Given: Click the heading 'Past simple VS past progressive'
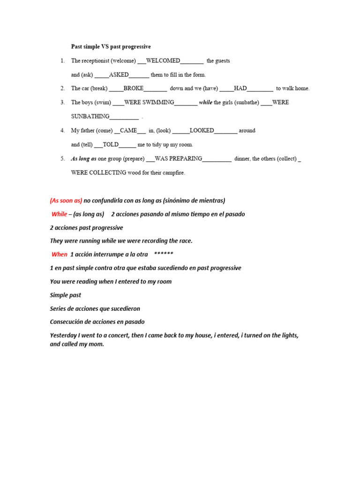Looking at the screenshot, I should pos(111,47).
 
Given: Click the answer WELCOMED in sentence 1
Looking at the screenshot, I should pos(163,61).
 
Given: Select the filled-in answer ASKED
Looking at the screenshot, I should pos(119,75).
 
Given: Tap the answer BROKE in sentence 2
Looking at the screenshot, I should pos(134,88).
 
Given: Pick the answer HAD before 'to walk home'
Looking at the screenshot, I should pos(240,88).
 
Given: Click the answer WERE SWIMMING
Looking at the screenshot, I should pos(149,102).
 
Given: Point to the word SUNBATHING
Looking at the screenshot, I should pos(90,116).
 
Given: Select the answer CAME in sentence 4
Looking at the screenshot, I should pos(128,130).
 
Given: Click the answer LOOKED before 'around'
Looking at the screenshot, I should pos(202,130).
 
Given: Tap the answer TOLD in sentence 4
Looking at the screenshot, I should pos(111,144).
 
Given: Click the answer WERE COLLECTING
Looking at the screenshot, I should pos(98,172).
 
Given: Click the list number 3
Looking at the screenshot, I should pos(62,102).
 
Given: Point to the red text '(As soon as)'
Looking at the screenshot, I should pos(66,201).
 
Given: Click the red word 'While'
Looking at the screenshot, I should pos(60,214).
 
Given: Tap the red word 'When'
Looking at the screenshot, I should pos(60,255).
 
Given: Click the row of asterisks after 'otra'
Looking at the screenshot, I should pos(164,255).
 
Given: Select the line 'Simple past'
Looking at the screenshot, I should pos(66,295).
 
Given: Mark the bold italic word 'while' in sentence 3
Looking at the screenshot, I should pos(206,102).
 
